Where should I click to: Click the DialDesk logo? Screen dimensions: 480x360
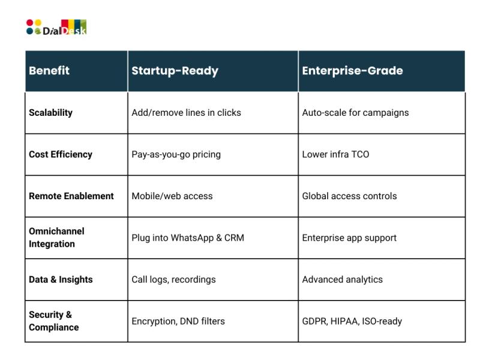[x=56, y=27]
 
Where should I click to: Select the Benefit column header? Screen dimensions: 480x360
[x=49, y=71]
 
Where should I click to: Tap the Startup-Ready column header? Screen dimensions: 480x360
[x=175, y=71]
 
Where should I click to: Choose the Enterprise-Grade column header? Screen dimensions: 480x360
[x=352, y=71]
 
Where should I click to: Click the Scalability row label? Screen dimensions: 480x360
[x=50, y=113]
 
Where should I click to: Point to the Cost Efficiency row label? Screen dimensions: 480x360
[x=61, y=154]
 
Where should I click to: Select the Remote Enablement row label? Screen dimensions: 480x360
[x=71, y=196]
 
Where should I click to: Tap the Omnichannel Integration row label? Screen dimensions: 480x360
[x=56, y=238]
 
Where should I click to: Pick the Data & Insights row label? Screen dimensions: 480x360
[x=61, y=280]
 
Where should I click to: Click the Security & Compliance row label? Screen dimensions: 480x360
[x=53, y=321]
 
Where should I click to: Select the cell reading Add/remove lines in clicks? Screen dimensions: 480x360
[x=186, y=113]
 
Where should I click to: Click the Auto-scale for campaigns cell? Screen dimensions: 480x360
[x=355, y=113]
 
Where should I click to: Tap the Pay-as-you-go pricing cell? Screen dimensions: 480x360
[x=176, y=155]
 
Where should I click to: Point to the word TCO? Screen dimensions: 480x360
[x=360, y=154]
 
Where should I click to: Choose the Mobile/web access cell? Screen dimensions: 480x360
[x=172, y=196]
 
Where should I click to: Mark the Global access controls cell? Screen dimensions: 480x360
[x=349, y=196]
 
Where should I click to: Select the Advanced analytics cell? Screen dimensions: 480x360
[x=342, y=280]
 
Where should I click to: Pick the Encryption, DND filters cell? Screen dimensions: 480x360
[x=178, y=321]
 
